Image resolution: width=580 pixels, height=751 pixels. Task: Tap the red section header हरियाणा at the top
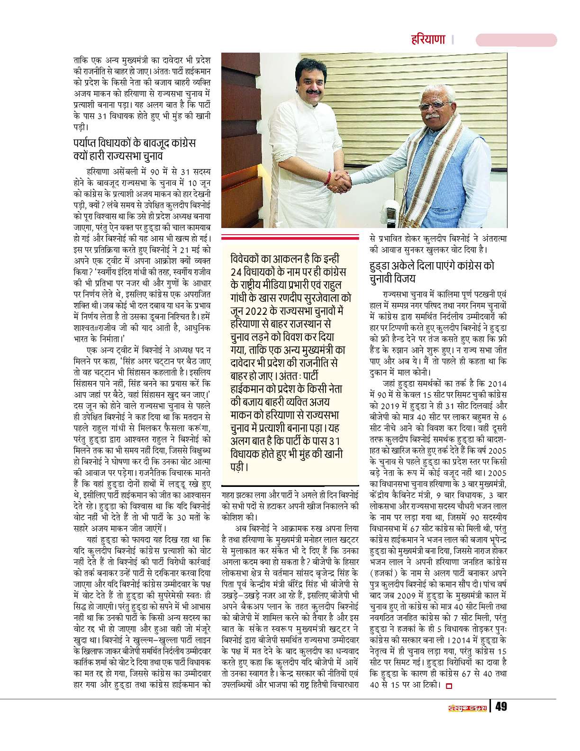(429, 39)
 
